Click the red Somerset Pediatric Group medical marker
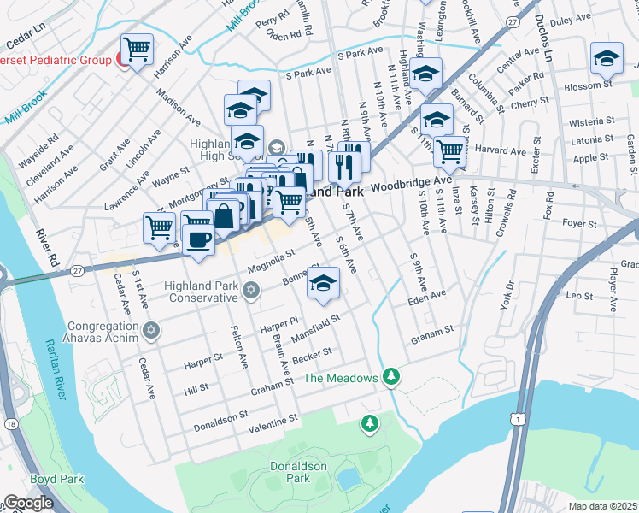[x=124, y=62]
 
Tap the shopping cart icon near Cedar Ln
[x=137, y=48]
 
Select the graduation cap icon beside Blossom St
[x=606, y=58]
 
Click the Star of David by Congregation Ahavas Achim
[x=150, y=330]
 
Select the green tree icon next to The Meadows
[x=391, y=376]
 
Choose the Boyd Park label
[x=56, y=479]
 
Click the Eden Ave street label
[x=427, y=295]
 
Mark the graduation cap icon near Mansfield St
[x=323, y=284]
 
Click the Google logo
[x=28, y=503]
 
